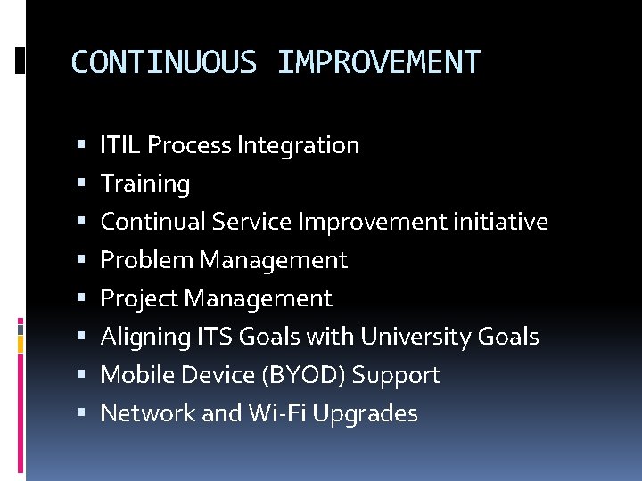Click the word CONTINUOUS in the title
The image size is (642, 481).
[x=163, y=62]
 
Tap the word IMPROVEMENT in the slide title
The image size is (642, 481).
[x=378, y=62]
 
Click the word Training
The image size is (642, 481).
[x=145, y=184]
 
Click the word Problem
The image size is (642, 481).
[x=147, y=260]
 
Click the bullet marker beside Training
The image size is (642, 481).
[x=81, y=184]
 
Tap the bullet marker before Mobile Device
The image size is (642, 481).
[x=81, y=376]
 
